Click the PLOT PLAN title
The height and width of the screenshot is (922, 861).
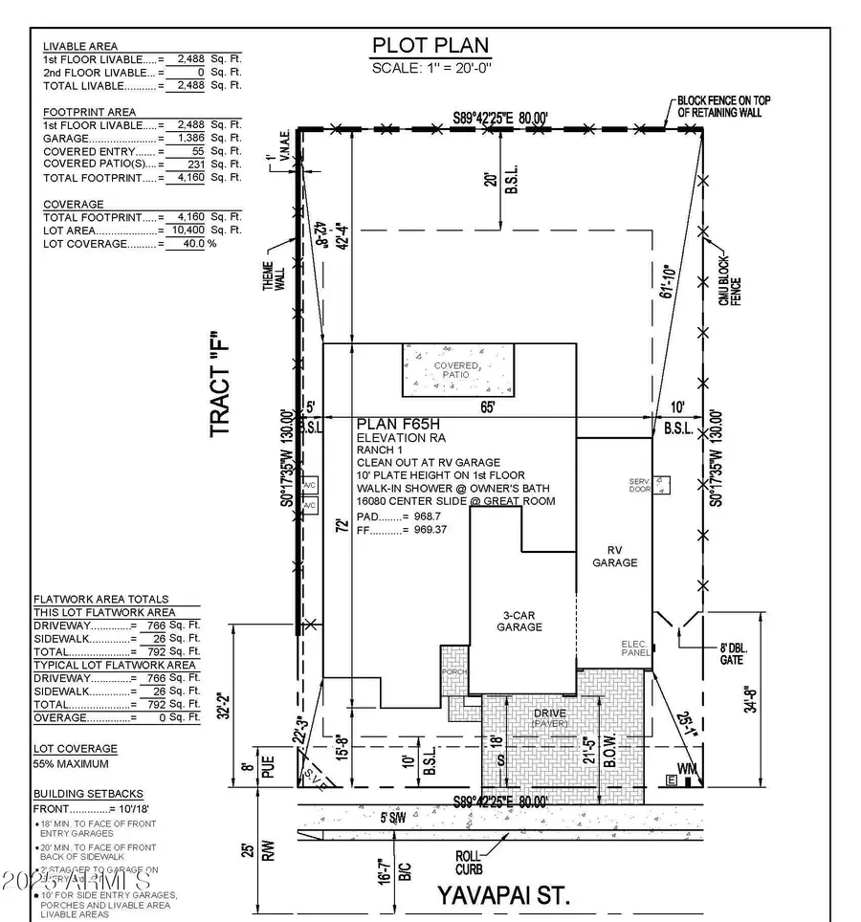click(430, 45)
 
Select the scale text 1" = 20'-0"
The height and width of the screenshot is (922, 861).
click(430, 67)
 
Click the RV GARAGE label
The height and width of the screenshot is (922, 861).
click(614, 557)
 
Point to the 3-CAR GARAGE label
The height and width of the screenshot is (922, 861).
click(519, 621)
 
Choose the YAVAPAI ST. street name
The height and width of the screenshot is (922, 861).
click(503, 896)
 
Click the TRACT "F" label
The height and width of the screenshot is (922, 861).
click(222, 388)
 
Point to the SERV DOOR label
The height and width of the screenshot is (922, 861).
click(639, 485)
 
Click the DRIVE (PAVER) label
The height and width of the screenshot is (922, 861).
click(549, 717)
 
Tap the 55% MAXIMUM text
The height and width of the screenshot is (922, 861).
click(71, 763)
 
